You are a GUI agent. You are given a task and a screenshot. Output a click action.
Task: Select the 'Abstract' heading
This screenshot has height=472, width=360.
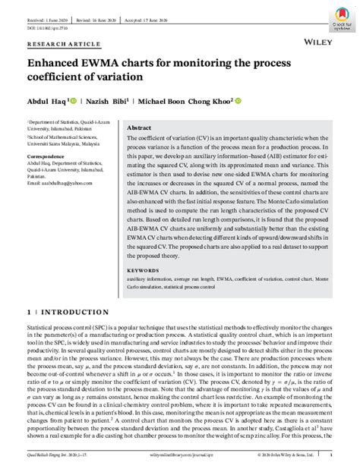(141, 128)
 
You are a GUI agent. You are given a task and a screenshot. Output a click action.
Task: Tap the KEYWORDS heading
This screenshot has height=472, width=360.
(143, 269)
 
